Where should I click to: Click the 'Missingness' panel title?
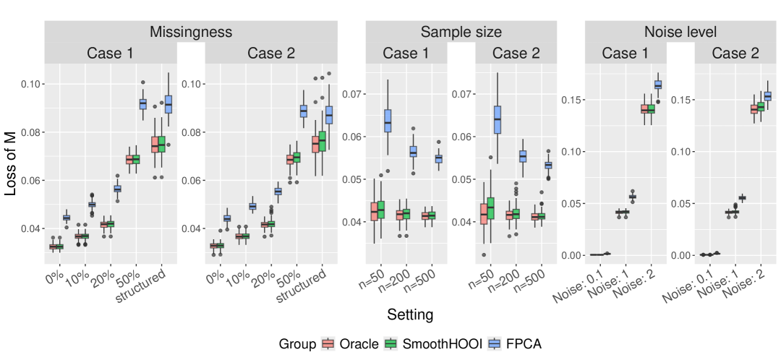tap(191, 32)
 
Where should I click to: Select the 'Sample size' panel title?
tap(461, 32)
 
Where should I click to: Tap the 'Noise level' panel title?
tap(680, 32)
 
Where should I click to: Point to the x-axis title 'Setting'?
tap(410, 315)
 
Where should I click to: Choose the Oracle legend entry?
tap(351, 344)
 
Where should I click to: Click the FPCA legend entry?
tap(516, 344)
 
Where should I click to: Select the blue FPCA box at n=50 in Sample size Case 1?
tap(388, 121)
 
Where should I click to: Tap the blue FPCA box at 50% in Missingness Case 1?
tap(142, 104)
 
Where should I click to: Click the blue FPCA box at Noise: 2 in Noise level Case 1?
tap(658, 85)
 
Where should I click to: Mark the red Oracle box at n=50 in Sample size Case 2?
tap(484, 214)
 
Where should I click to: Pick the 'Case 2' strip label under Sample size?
tap(516, 53)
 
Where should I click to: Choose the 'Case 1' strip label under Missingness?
tap(111, 53)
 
